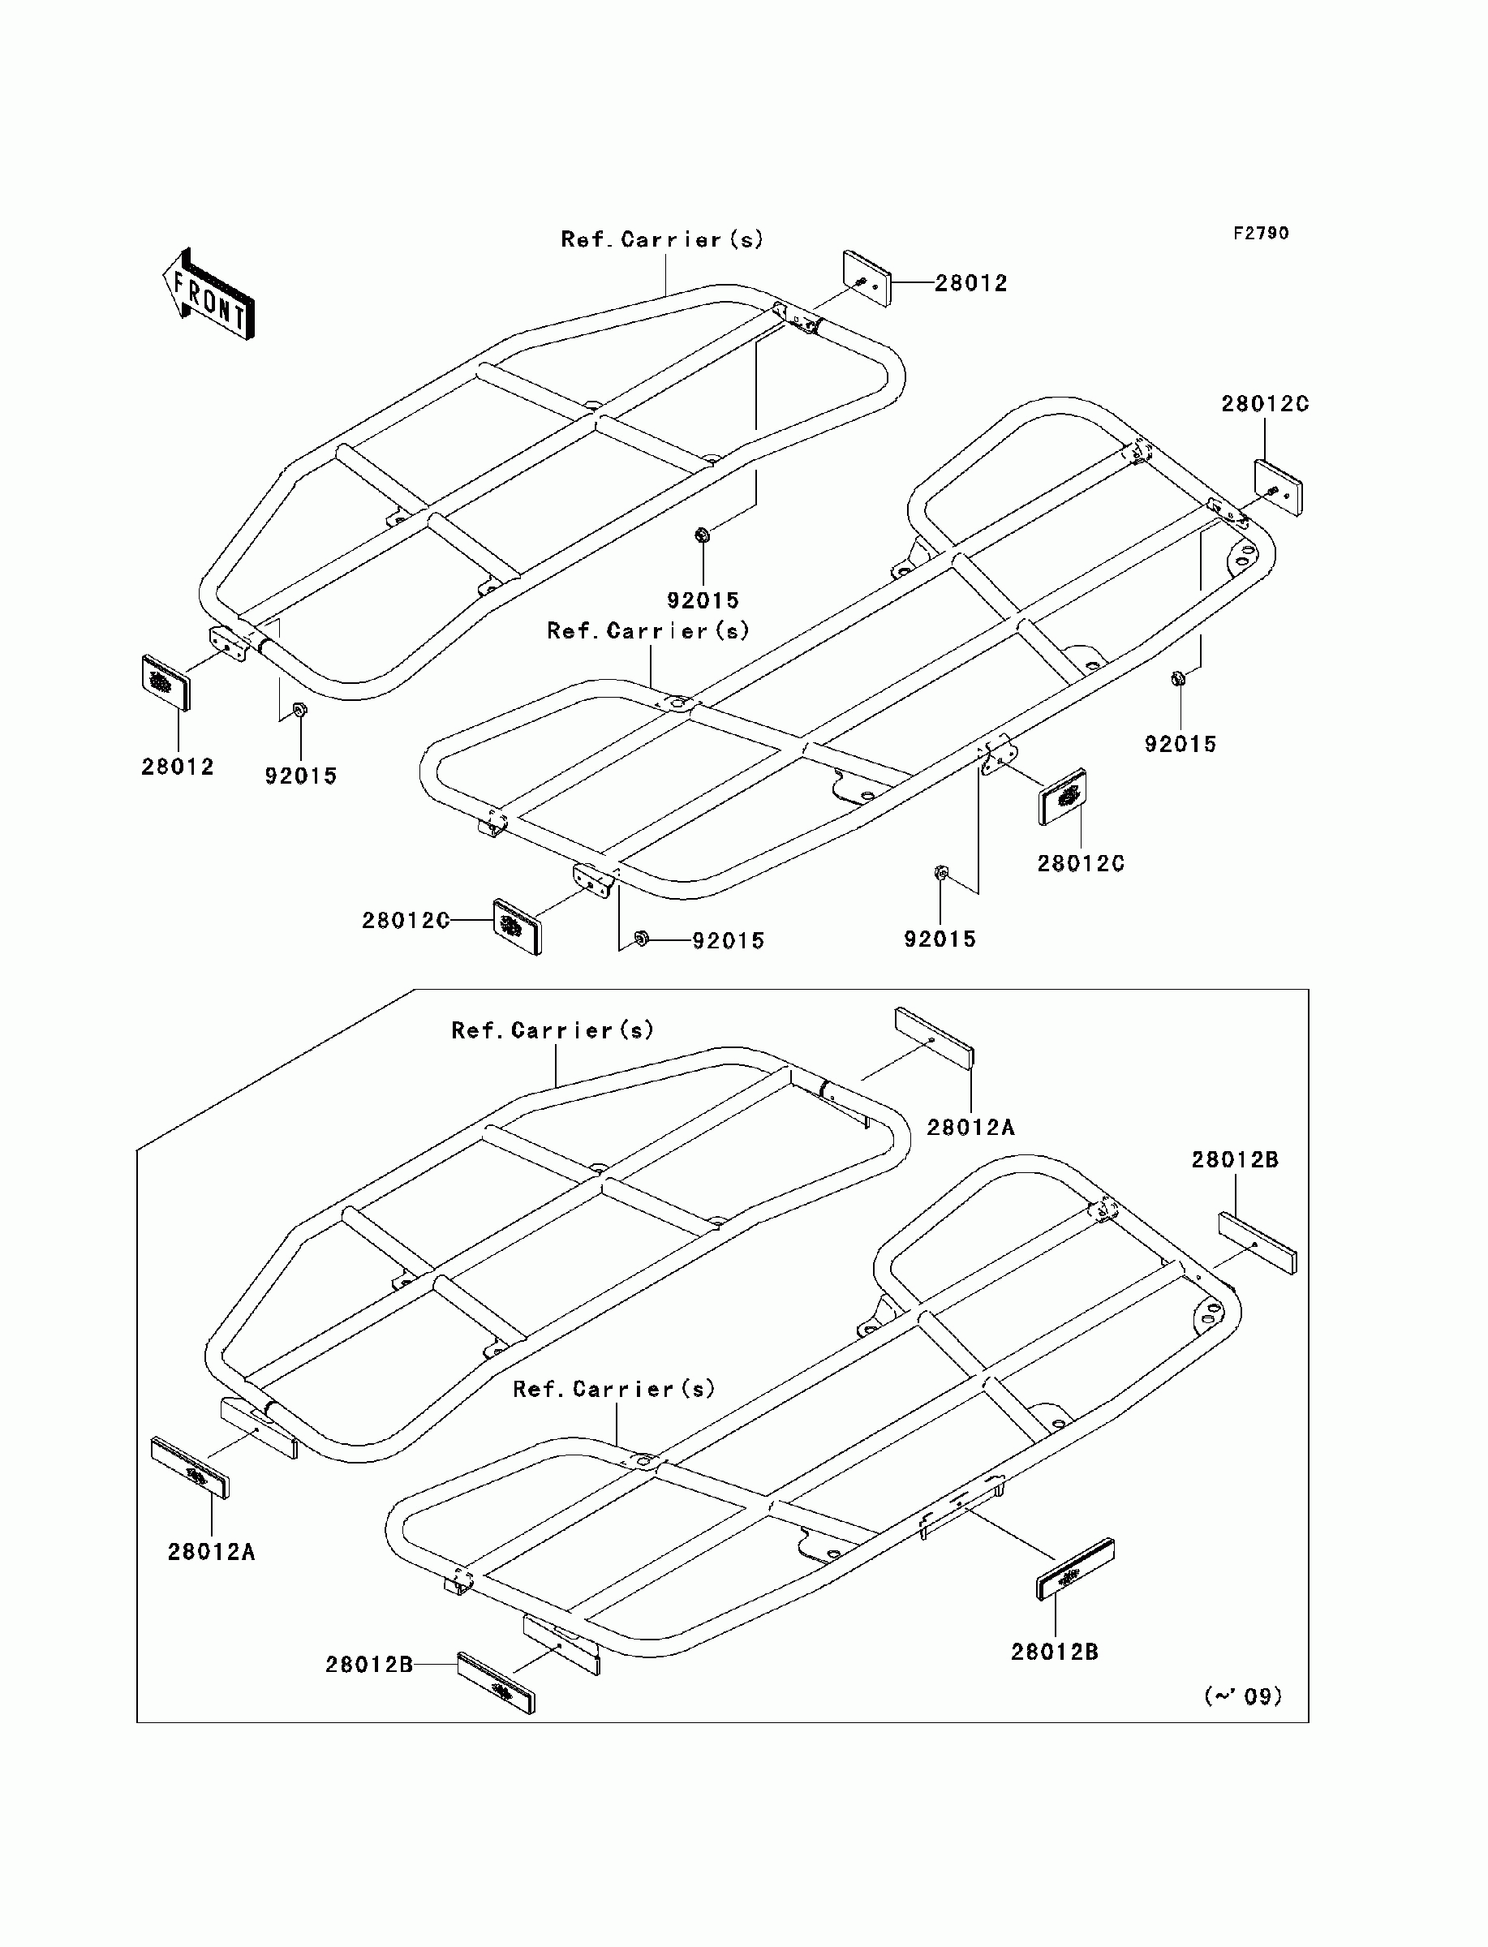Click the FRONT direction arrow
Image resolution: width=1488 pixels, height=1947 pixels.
click(x=209, y=294)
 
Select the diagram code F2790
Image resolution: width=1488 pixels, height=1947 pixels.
click(x=1262, y=233)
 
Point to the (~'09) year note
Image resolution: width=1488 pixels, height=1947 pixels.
click(x=1243, y=1696)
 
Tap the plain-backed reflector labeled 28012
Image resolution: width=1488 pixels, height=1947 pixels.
click(x=867, y=278)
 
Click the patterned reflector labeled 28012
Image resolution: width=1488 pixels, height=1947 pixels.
click(x=166, y=682)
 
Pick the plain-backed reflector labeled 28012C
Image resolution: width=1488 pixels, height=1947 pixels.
click(x=1278, y=488)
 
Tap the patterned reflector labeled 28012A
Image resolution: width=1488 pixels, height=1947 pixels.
click(x=191, y=1467)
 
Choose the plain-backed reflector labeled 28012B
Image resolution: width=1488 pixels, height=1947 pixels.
click(x=1257, y=1243)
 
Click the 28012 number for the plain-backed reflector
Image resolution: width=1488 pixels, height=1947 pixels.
click(x=972, y=283)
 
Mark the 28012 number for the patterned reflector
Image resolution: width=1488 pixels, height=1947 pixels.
click(x=177, y=767)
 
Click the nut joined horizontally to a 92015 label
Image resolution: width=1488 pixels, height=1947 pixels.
click(x=642, y=938)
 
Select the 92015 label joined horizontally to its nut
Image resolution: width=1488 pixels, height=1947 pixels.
click(x=728, y=940)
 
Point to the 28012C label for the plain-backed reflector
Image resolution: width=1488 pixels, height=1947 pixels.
click(x=1265, y=404)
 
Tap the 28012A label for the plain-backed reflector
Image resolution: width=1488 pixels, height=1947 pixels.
click(x=970, y=1127)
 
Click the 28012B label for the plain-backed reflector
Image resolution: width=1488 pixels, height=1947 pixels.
click(x=1235, y=1160)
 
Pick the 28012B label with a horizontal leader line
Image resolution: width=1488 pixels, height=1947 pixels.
click(x=368, y=1665)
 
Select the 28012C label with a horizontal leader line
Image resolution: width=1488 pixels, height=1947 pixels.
click(x=405, y=920)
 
